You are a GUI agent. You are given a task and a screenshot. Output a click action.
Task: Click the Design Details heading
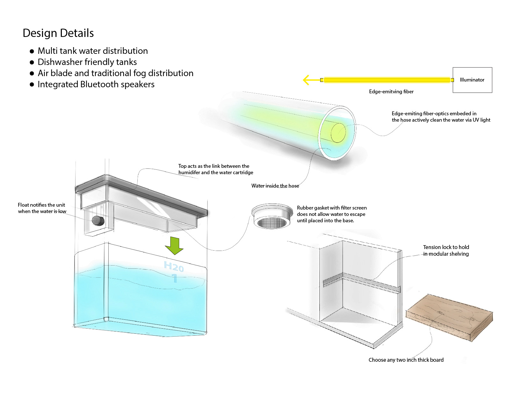click(58, 33)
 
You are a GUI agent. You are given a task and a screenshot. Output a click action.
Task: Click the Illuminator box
click(472, 80)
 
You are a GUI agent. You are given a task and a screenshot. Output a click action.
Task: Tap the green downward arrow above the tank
click(174, 246)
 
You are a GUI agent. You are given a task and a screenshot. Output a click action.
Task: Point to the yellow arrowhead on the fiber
click(306, 80)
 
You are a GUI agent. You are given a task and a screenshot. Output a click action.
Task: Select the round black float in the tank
click(98, 221)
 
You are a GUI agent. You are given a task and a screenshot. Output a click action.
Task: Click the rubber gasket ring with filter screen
click(272, 217)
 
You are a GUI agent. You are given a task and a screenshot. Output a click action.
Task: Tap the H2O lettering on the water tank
click(174, 267)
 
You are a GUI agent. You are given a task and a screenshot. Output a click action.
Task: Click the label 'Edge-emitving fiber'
click(391, 92)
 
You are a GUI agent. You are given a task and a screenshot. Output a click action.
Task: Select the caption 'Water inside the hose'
click(275, 186)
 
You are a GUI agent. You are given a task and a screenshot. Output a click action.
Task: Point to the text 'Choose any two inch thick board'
click(406, 360)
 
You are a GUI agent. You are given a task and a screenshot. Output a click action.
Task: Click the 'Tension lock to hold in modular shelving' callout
click(446, 251)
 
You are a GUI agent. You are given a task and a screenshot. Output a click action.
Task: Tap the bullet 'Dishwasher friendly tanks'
click(87, 62)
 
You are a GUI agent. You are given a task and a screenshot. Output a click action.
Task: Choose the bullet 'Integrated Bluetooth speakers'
click(96, 84)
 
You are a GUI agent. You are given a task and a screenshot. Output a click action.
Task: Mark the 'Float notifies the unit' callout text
click(42, 208)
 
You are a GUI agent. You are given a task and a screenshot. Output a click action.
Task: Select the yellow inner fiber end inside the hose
click(338, 132)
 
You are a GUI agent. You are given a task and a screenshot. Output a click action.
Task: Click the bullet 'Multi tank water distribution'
click(92, 51)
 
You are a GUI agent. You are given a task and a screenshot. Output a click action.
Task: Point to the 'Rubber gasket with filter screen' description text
click(332, 214)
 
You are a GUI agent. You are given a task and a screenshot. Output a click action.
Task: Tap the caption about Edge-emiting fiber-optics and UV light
click(441, 117)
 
